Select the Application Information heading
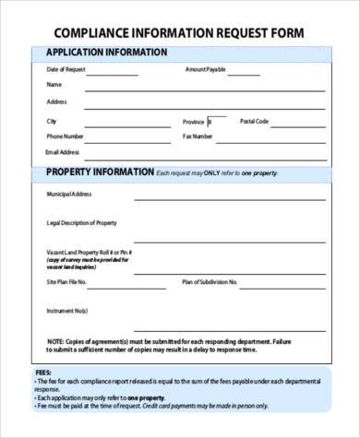106,53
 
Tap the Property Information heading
100,172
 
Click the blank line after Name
203,90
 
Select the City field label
51,121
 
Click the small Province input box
217,121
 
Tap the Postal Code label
254,121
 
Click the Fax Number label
198,136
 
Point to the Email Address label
64,151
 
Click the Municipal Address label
69,195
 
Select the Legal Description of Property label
81,223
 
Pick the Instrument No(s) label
66,312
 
